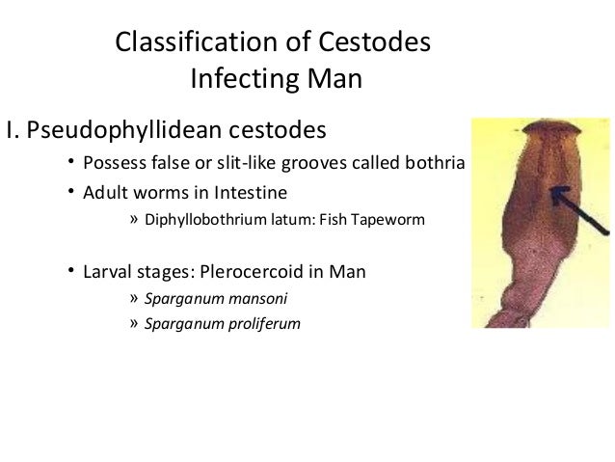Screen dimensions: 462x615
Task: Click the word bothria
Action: click(x=435, y=160)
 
